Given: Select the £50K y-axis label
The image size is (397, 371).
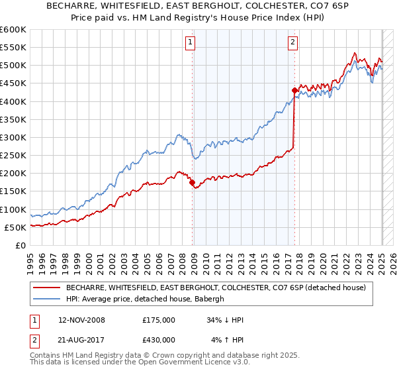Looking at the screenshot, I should pos(15,227).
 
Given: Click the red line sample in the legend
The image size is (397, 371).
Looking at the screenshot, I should pos(47,288).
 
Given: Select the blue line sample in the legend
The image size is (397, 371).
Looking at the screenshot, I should pos(47,299).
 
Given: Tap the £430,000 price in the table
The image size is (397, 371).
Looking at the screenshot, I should pos(158,340).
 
